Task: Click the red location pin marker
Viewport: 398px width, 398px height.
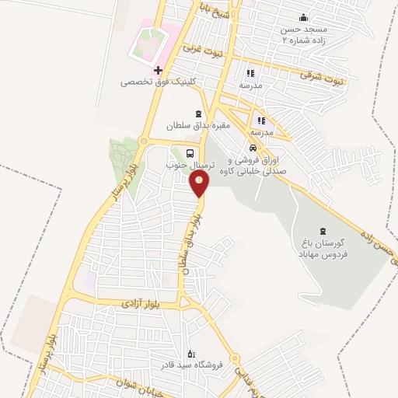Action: tap(200, 183)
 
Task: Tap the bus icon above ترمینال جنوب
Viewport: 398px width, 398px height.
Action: tap(191, 153)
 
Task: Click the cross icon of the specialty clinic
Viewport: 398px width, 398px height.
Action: tap(159, 70)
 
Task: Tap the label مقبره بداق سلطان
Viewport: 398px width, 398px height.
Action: tap(200, 124)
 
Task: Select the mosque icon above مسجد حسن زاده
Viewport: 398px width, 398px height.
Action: tap(303, 17)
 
